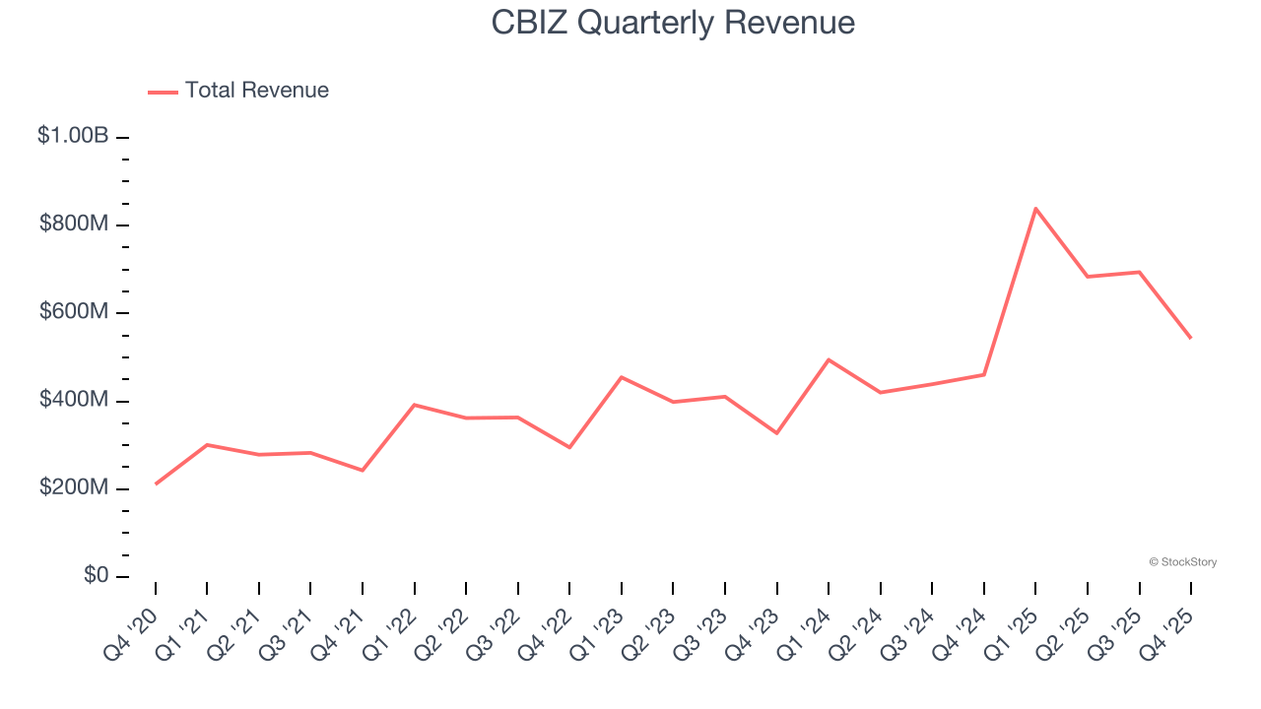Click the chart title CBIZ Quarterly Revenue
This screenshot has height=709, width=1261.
click(673, 23)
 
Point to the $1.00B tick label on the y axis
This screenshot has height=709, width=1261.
click(73, 136)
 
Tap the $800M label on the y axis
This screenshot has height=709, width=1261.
click(74, 225)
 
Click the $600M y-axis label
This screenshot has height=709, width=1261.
click(74, 312)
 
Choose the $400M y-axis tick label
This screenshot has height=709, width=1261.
click(74, 401)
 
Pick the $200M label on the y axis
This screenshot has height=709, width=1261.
click(74, 488)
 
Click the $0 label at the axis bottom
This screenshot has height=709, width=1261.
click(95, 576)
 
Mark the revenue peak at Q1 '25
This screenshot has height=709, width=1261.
click(1035, 209)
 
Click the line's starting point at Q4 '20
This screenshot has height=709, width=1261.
click(156, 483)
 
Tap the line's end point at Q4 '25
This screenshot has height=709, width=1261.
click(1191, 338)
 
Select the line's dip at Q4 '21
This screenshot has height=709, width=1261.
click(363, 470)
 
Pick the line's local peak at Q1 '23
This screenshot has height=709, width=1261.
click(622, 377)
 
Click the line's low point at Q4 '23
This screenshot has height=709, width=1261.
click(777, 433)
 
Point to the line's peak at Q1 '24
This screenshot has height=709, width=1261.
click(829, 359)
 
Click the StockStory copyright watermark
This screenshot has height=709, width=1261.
click(1182, 562)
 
